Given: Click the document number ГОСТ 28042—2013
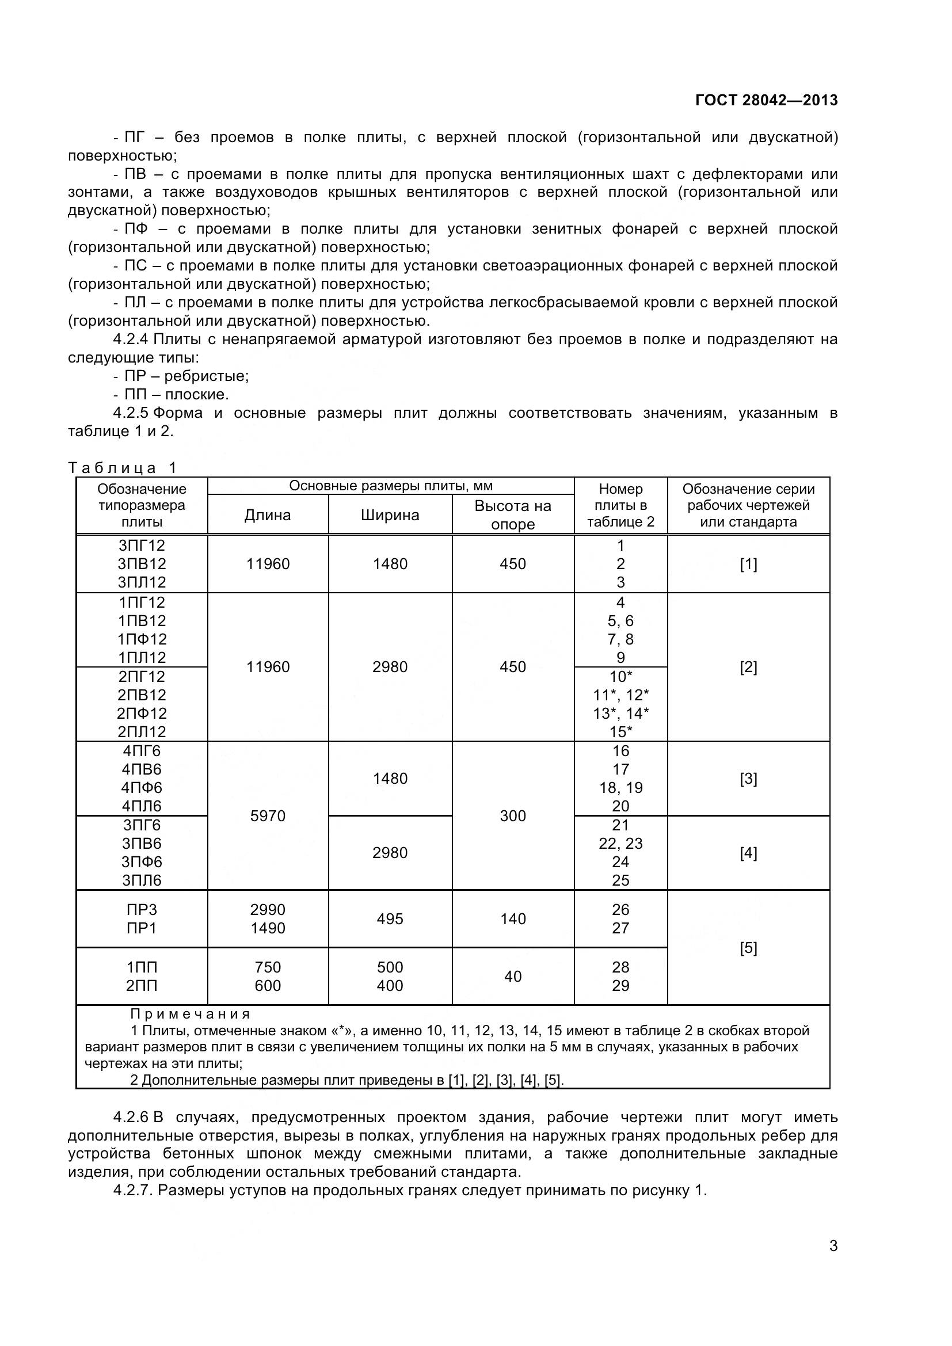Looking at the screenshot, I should pyautogui.click(x=766, y=100).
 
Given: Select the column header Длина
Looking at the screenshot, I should pyautogui.click(x=267, y=515).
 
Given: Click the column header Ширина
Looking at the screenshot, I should pyautogui.click(x=390, y=515).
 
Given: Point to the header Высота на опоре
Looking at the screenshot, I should pyautogui.click(x=512, y=514).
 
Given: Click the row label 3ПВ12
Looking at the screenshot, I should pyautogui.click(x=142, y=564).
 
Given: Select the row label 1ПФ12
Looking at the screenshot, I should pyautogui.click(x=142, y=639).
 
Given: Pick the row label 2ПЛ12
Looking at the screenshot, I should pyautogui.click(x=142, y=731).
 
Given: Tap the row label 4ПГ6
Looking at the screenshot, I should pyautogui.click(x=142, y=751).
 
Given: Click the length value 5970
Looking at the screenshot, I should pyautogui.click(x=267, y=816).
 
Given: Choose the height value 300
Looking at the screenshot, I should pyautogui.click(x=512, y=816).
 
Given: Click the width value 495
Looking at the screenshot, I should pyautogui.click(x=390, y=918).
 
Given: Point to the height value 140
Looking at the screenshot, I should pyautogui.click(x=512, y=918).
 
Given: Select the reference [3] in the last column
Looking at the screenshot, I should pyautogui.click(x=748, y=779).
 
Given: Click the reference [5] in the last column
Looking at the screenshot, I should pyautogui.click(x=748, y=948).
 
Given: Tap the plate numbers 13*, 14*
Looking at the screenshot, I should pyautogui.click(x=620, y=714).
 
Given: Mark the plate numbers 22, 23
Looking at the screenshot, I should pyautogui.click(x=620, y=844).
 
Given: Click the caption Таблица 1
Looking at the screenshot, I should pyautogui.click(x=123, y=468).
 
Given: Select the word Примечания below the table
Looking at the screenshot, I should pyautogui.click(x=190, y=1014).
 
